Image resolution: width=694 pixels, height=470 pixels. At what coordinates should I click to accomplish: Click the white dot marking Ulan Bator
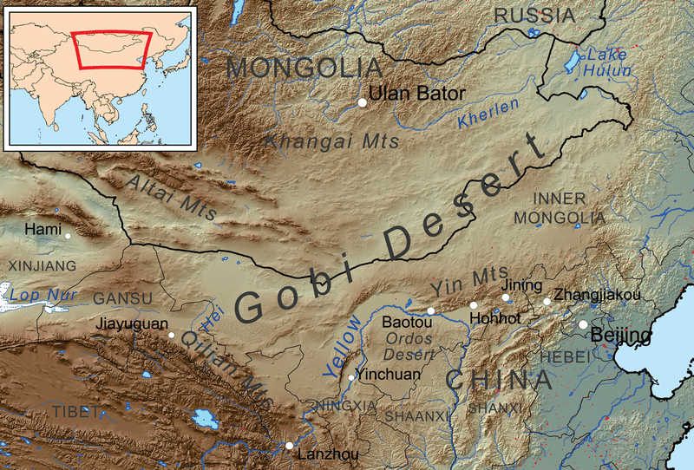362,103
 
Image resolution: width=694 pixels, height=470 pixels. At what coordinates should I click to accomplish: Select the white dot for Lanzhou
289,446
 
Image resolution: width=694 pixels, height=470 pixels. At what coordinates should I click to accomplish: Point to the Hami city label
43,230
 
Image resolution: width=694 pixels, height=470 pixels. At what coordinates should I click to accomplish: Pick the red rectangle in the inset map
112,49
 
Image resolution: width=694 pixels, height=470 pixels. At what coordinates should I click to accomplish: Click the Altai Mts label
171,197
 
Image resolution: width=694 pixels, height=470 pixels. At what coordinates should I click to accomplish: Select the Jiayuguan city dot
172,335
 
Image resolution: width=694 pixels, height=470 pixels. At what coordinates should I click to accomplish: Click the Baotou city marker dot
430,310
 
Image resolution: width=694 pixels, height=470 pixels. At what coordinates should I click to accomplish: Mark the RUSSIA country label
534,15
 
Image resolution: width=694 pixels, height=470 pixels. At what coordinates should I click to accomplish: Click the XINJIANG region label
41,265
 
